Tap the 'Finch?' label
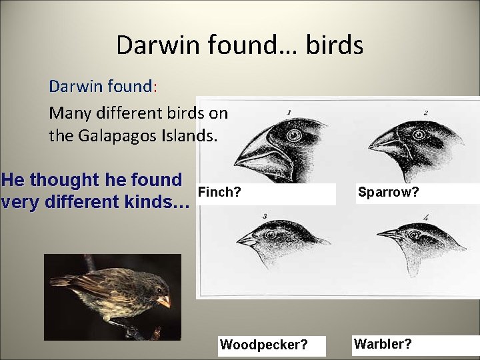point(220,193)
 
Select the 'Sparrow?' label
point(388,193)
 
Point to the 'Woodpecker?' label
point(264,345)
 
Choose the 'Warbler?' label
point(383,344)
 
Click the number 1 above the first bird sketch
point(288,113)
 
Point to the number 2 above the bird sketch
point(425,113)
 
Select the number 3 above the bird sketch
point(265,217)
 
